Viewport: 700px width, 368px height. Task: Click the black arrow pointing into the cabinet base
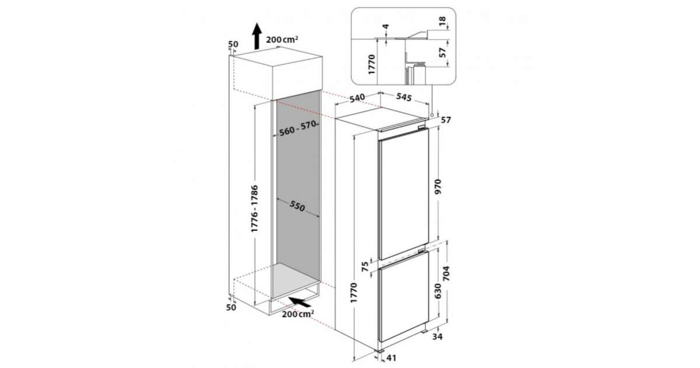(x=299, y=301)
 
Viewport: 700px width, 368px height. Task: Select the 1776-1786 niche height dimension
(x=255, y=209)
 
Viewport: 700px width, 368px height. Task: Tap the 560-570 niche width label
(x=297, y=129)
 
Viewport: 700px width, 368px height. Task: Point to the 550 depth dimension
(x=297, y=206)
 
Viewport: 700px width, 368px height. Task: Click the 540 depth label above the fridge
(x=357, y=98)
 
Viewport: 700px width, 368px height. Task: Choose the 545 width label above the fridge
(x=404, y=97)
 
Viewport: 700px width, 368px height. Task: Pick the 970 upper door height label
(x=438, y=186)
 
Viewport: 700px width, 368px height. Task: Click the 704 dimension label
(x=446, y=273)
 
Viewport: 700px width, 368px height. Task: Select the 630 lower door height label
(x=438, y=291)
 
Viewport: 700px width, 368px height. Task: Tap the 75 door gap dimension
(x=365, y=267)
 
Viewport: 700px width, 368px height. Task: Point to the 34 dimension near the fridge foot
(x=437, y=336)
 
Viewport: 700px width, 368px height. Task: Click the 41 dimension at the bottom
(x=391, y=357)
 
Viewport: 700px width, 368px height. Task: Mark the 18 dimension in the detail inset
(x=442, y=21)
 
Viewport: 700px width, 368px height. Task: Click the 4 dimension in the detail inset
(x=386, y=27)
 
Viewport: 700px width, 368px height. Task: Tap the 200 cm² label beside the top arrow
(x=282, y=40)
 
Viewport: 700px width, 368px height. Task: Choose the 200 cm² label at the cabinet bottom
(x=298, y=314)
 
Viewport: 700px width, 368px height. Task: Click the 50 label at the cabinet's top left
(x=233, y=44)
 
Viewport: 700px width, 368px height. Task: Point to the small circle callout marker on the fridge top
(x=432, y=115)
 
